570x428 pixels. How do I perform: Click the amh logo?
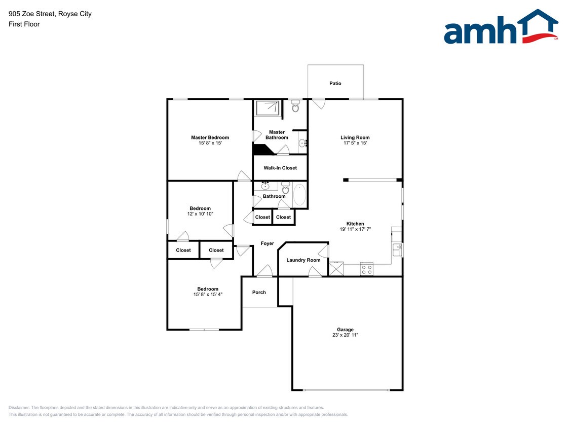click(501, 28)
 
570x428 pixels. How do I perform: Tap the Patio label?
click(335, 83)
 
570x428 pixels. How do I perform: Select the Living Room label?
click(355, 137)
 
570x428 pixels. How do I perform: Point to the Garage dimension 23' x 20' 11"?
click(346, 335)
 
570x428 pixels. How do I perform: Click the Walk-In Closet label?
click(280, 168)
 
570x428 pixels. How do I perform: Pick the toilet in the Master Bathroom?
click(296, 106)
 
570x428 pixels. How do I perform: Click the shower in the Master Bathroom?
click(267, 108)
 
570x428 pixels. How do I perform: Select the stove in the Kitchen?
click(366, 269)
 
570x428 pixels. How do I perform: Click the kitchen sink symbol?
click(397, 249)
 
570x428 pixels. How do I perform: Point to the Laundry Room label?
click(303, 260)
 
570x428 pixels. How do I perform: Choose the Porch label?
click(259, 292)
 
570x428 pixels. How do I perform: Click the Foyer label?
click(267, 243)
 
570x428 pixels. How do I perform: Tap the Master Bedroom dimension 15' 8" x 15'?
click(210, 143)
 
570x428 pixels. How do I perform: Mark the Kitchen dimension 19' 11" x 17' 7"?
click(355, 229)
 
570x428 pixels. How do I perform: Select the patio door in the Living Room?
click(318, 103)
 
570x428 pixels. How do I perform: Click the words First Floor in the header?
click(24, 24)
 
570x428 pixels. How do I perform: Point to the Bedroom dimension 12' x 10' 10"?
click(200, 214)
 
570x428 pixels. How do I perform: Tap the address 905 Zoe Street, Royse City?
click(50, 14)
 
